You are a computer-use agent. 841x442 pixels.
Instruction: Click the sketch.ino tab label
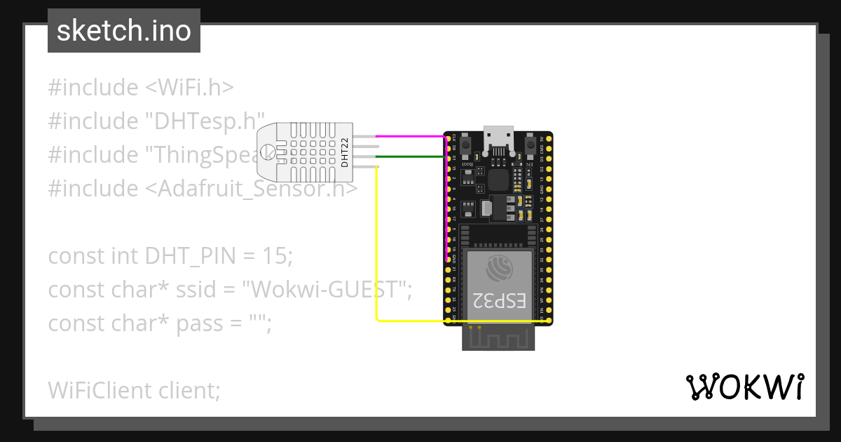[124, 31]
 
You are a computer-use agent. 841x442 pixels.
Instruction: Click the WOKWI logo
[744, 387]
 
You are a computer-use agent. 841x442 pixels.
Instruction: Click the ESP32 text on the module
[499, 300]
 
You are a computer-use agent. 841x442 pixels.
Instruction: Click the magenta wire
[410, 136]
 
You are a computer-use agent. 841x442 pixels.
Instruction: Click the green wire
[410, 156]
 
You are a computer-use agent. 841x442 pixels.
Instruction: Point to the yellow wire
[378, 246]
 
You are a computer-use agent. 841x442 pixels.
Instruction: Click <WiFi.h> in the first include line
[189, 88]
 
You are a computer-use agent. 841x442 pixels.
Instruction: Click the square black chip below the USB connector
[499, 179]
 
